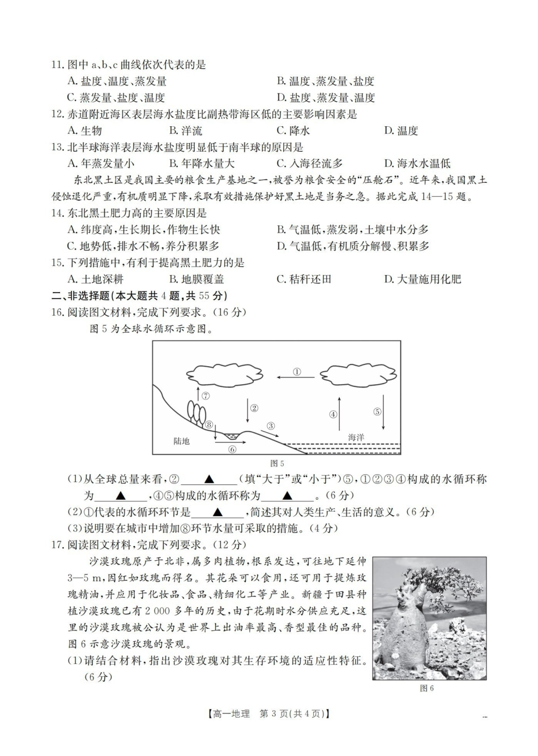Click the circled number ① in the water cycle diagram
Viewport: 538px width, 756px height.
(x=297, y=372)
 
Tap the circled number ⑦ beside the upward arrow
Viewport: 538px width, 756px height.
(x=206, y=396)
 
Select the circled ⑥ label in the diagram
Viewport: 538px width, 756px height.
(x=232, y=449)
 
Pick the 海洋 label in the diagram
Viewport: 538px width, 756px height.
(x=356, y=437)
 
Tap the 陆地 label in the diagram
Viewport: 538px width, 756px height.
(x=181, y=441)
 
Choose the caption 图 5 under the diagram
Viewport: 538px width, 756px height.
(x=277, y=464)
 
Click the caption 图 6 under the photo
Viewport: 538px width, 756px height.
(x=427, y=688)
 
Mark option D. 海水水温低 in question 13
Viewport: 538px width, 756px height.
(x=417, y=164)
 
